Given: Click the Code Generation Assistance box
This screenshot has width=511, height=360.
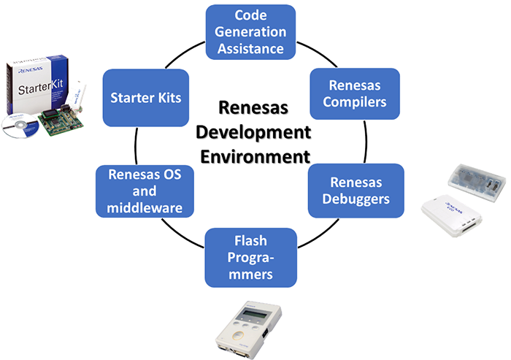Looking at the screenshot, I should pos(250,32).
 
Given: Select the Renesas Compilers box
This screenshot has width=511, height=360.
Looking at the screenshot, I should pos(355,93).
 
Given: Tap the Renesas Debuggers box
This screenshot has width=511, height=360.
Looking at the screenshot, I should pos(355,190).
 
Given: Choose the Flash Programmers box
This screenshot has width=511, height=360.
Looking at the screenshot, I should pos(250,256).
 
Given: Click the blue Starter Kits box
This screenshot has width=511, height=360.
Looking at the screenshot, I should pos(146,97).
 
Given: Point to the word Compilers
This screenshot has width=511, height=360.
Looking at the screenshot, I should pos(355,102).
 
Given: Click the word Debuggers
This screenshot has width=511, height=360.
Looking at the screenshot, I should pos(355,199).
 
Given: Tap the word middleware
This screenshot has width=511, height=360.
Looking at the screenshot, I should pos(145,207).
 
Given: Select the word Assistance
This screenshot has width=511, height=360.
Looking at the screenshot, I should pos(250,49).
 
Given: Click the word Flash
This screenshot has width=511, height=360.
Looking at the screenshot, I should pos(250,240).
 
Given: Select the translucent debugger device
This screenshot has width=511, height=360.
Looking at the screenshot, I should pos(474,180).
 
